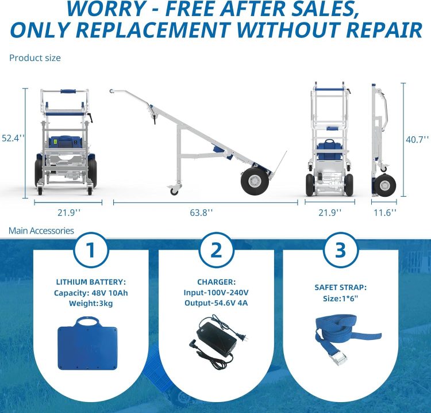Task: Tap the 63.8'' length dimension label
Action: (202, 212)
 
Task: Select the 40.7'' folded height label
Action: (418, 140)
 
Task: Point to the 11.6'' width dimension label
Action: (385, 212)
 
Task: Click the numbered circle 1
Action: (90, 250)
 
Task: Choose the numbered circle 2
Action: (216, 250)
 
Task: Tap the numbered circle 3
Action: (341, 250)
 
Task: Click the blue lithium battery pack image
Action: (88, 343)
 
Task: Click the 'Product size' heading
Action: (35, 58)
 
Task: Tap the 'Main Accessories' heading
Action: (41, 231)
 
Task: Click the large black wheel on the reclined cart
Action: (255, 181)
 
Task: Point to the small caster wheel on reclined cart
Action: (174, 190)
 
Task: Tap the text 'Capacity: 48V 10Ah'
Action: (91, 293)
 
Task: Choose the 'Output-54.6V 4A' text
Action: (216, 303)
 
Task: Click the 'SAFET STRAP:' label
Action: (341, 288)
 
